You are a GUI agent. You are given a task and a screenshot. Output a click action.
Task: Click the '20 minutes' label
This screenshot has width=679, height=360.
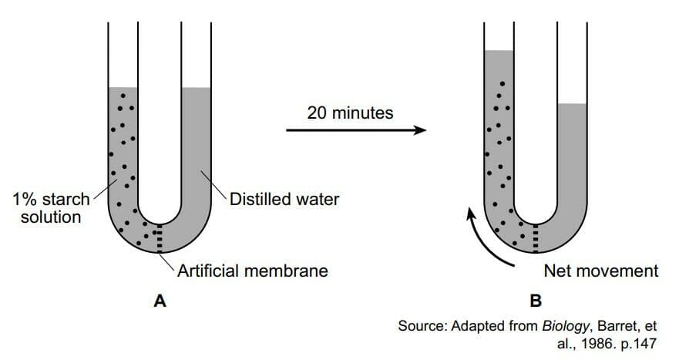351,113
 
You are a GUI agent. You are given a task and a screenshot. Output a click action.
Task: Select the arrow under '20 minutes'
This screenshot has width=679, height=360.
356,130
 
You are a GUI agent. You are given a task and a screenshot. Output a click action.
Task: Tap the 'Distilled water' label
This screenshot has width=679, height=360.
284,200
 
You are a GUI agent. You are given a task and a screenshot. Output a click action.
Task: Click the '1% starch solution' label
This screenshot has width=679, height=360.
51,208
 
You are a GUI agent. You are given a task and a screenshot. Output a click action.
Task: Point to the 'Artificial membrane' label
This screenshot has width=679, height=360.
253,271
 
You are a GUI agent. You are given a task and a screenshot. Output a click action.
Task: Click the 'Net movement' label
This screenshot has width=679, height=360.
601,271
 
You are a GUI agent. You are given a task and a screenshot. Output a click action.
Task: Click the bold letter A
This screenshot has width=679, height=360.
160,301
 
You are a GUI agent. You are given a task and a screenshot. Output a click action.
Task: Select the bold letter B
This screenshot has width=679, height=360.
536,301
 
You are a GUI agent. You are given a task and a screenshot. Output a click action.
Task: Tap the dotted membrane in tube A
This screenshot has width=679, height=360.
160,238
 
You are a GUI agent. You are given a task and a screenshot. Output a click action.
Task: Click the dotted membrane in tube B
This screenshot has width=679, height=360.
536,238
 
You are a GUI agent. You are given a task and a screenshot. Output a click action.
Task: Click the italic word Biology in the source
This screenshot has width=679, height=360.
566,326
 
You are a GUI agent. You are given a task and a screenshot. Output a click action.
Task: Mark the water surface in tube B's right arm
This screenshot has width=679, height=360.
573,104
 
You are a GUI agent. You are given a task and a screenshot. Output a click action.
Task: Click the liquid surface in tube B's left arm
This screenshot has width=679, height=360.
499,51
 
